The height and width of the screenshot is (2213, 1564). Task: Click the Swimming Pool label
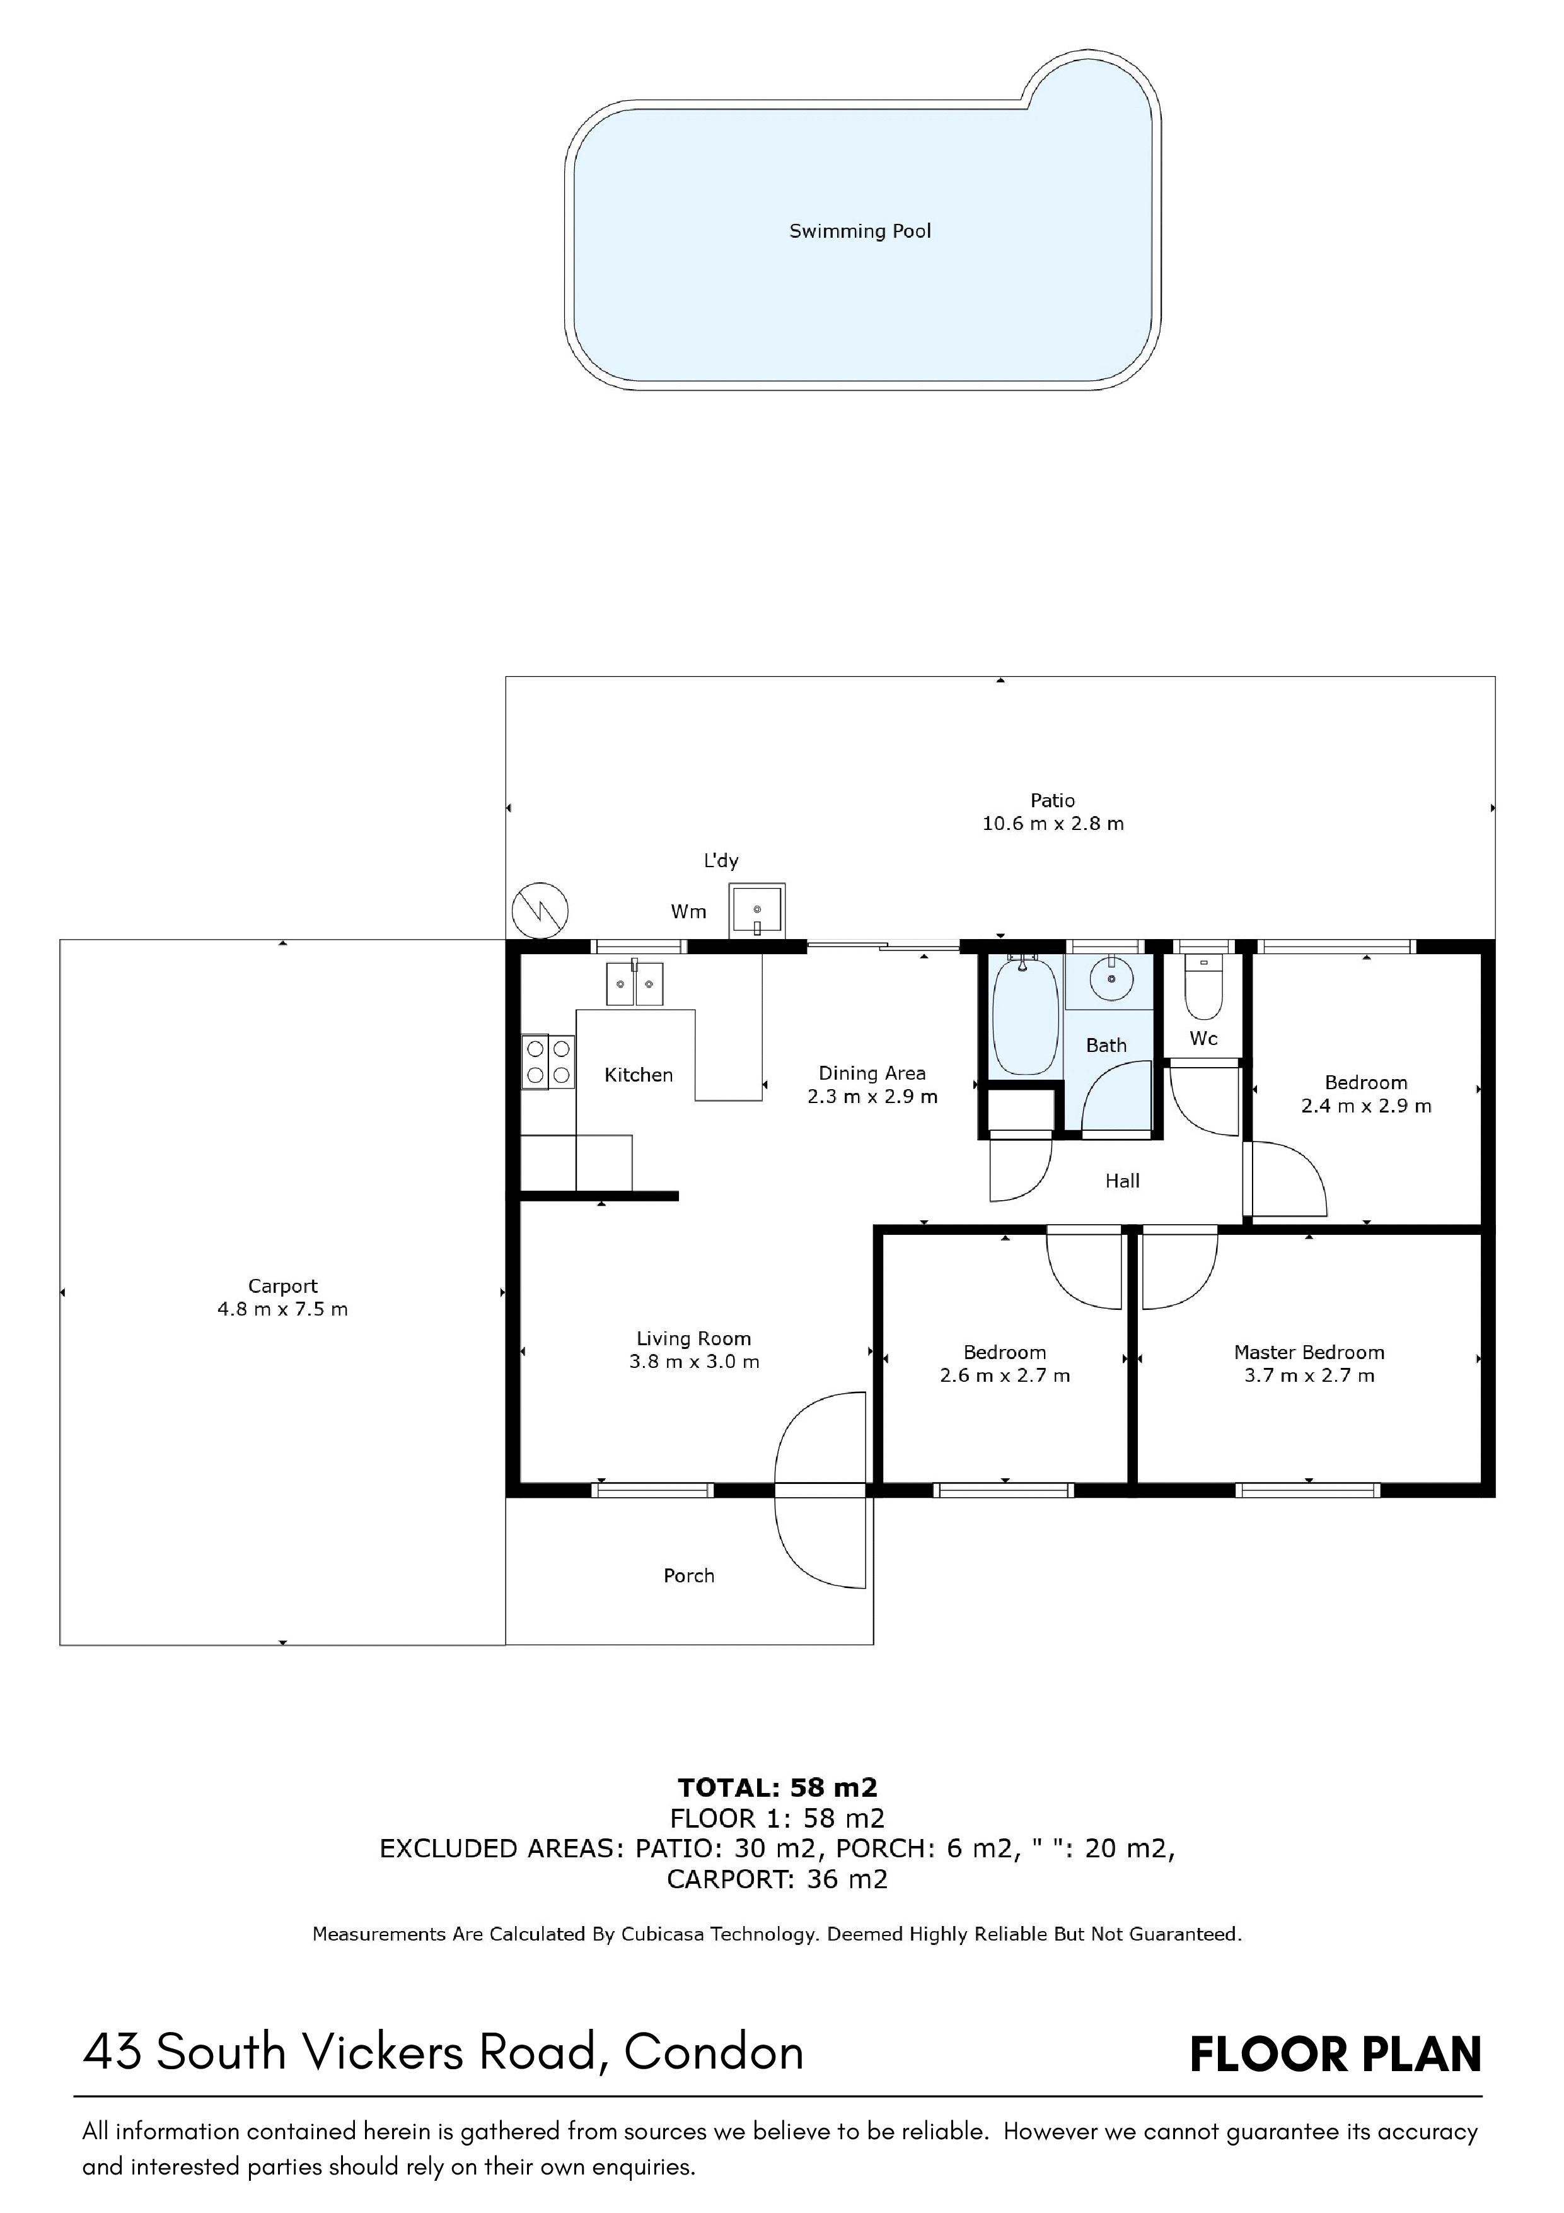[x=860, y=231]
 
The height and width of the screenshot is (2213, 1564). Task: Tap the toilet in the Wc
[x=1203, y=986]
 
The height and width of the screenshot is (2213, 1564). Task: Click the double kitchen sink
[x=634, y=984]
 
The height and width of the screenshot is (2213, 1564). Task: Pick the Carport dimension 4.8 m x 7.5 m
[x=282, y=1309]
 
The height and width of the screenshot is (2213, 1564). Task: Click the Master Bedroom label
[x=1309, y=1352]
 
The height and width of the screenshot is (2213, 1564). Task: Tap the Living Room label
[x=694, y=1339]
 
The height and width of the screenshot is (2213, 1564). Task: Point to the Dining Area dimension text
[x=872, y=1097]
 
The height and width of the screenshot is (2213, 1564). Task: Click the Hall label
[x=1123, y=1181]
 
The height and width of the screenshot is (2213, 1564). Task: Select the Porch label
[x=689, y=1576]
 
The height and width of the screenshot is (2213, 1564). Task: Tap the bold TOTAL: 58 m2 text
[x=778, y=1788]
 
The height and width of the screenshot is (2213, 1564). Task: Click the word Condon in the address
[x=714, y=2052]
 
